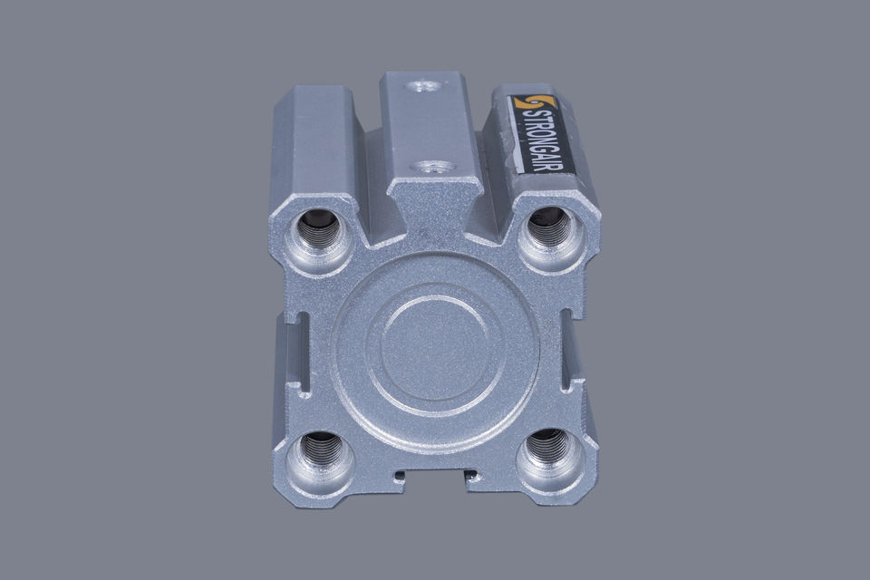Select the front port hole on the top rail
(433, 167)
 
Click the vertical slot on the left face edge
(303, 353)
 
